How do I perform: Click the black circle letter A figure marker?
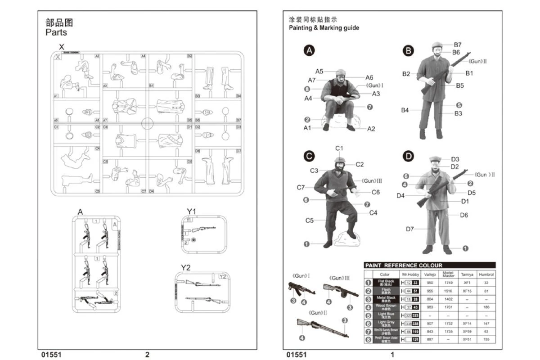309,50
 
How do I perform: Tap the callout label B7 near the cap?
457,45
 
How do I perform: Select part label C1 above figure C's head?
339,148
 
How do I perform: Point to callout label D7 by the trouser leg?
409,229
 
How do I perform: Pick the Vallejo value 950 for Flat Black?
430,283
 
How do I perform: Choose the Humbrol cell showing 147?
486,323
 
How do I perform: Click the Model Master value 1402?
448,299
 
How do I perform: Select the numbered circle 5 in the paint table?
368,315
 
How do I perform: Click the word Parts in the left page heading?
56,32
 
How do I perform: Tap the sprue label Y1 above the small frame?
192,211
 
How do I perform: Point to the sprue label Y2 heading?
185,268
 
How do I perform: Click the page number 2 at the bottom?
147,355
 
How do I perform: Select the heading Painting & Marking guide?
324,28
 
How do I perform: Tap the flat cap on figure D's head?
435,158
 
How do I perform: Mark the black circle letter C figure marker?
309,156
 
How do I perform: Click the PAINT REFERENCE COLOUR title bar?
429,265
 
